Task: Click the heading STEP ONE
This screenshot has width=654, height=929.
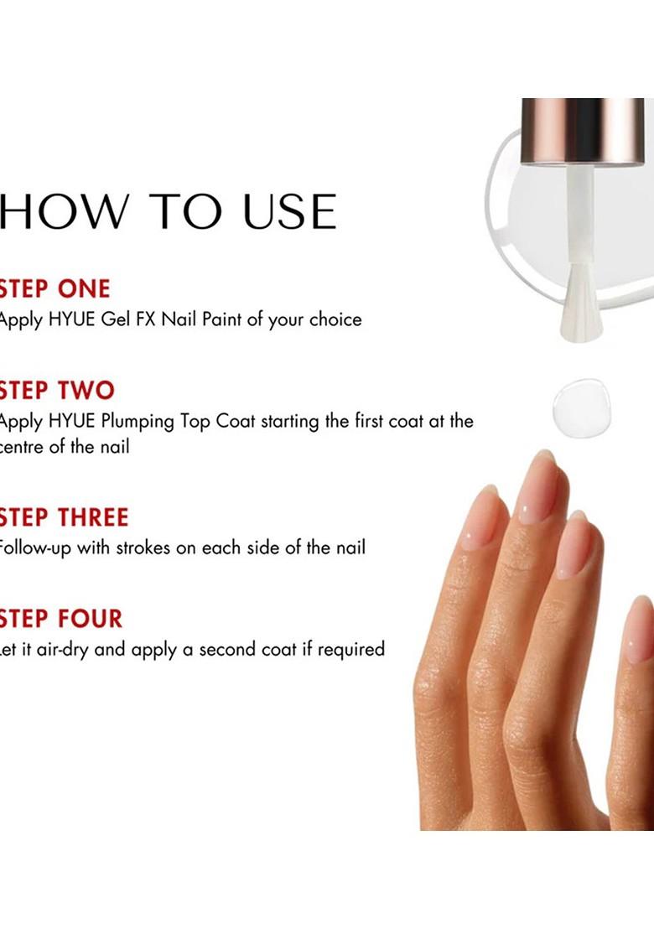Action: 54,289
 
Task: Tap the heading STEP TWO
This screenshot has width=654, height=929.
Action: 57,391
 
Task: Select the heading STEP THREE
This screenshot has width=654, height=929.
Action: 64,517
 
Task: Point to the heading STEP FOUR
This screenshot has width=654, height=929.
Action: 60,620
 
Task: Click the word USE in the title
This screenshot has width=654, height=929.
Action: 290,211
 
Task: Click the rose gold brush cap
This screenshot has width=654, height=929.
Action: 578,130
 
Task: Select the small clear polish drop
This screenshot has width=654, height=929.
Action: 581,407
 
